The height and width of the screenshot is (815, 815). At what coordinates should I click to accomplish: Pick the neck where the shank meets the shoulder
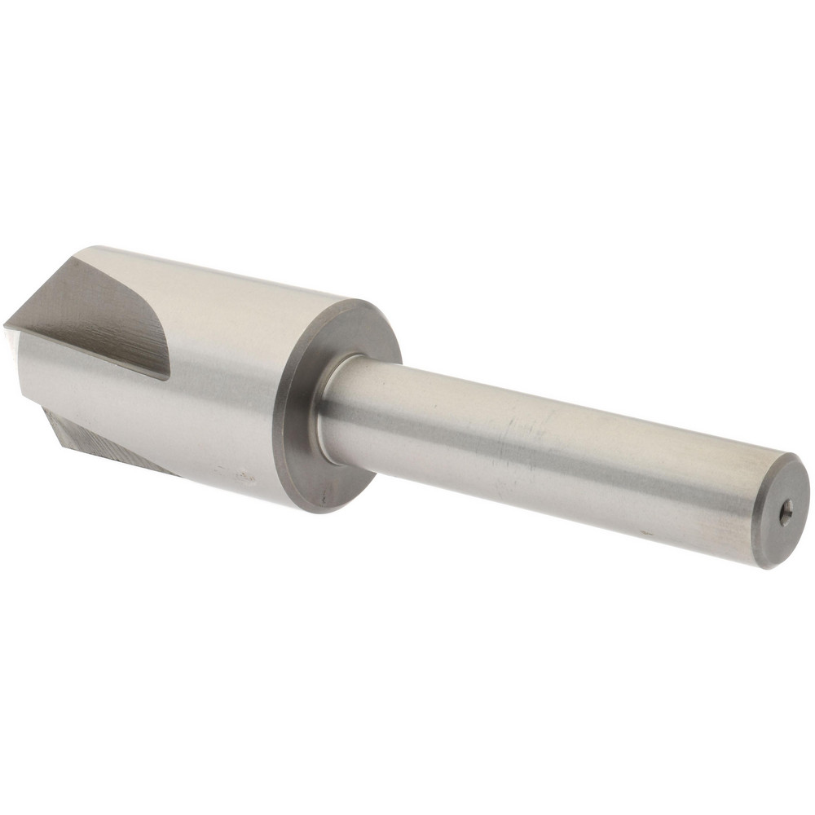point(326,407)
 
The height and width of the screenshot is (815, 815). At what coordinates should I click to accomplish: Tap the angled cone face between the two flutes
point(33,383)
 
